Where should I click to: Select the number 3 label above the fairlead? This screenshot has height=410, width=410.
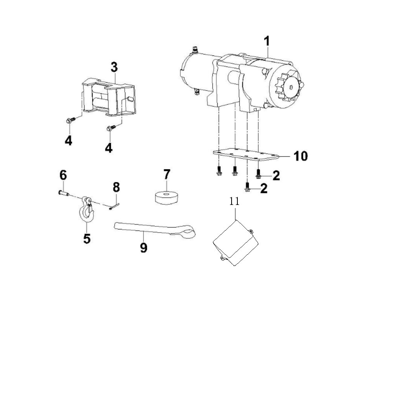point(114,67)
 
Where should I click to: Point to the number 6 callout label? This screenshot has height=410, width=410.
point(63,175)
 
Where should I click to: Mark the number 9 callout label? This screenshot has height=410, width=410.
point(144,247)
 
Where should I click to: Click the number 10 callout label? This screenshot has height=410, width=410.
point(300,156)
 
